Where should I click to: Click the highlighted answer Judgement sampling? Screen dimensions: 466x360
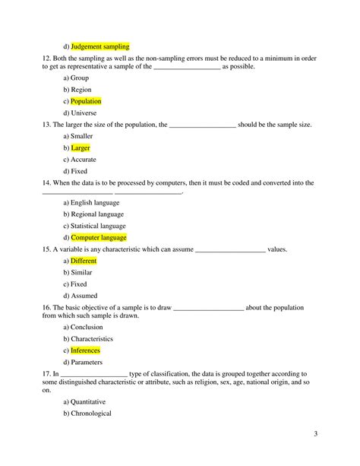pyautogui.click(x=100, y=46)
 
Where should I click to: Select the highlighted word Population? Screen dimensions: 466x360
pyautogui.click(x=86, y=101)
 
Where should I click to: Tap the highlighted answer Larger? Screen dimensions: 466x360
pyautogui.click(x=81, y=148)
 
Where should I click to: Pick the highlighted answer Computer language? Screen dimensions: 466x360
pyautogui.click(x=99, y=238)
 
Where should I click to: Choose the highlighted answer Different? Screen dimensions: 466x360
pyautogui.click(x=84, y=261)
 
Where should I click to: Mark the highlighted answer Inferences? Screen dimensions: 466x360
pyautogui.click(x=85, y=350)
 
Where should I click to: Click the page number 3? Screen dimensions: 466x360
pyautogui.click(x=314, y=434)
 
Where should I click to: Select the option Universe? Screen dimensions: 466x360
pyautogui.click(x=85, y=113)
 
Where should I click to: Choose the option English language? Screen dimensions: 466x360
pyautogui.click(x=95, y=203)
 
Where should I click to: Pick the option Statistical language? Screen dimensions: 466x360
pyautogui.click(x=98, y=226)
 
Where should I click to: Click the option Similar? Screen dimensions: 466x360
pyautogui.click(x=81, y=272)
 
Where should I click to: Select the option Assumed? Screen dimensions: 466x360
pyautogui.click(x=84, y=295)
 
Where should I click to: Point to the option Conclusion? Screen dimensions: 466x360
pyautogui.click(x=87, y=327)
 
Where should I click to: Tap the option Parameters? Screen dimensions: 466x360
pyautogui.click(x=87, y=363)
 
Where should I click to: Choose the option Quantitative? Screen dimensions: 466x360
pyautogui.click(x=88, y=401)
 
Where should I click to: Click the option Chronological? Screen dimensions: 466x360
pyautogui.click(x=91, y=414)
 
